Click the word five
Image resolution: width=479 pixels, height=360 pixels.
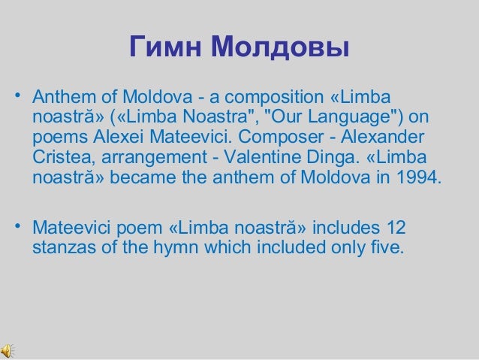tap(389, 247)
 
